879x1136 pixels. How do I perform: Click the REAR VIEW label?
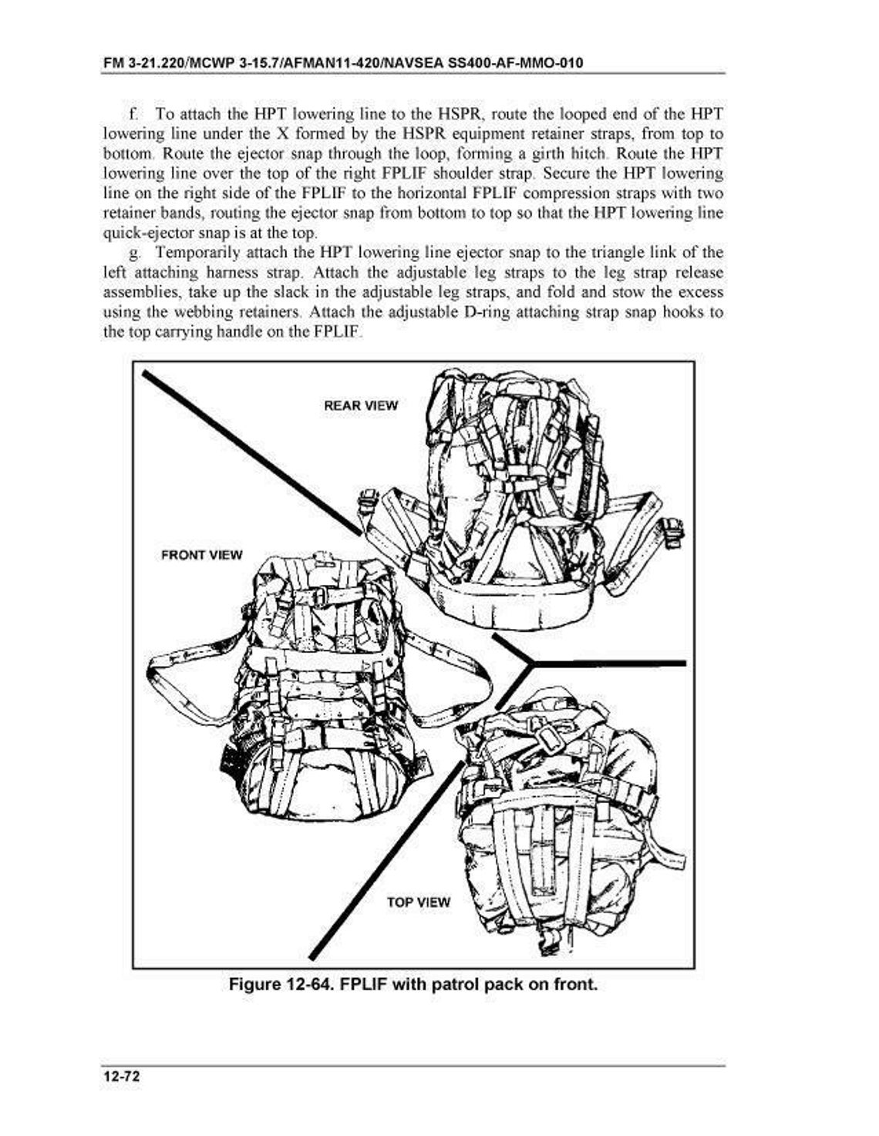(361, 405)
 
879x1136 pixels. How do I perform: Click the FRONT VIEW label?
(201, 555)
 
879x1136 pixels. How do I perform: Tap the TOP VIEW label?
(418, 902)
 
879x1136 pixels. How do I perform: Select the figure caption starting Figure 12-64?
(413, 985)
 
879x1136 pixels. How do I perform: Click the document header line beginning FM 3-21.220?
(342, 62)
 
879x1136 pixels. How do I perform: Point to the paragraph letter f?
(133, 115)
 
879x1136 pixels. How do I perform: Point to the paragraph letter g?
(133, 253)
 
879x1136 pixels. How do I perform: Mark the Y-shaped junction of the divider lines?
(530, 663)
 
